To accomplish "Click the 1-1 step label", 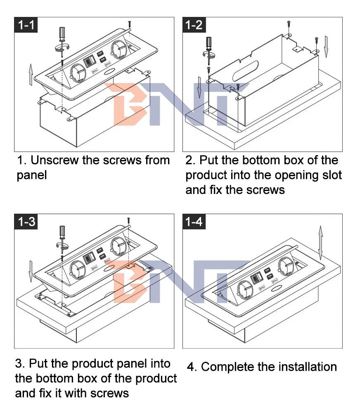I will [26, 25].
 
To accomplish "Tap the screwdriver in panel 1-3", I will [62, 237].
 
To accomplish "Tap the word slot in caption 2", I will [330, 175].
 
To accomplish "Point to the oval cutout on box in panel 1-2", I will [246, 69].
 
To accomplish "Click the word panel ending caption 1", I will [32, 175].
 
